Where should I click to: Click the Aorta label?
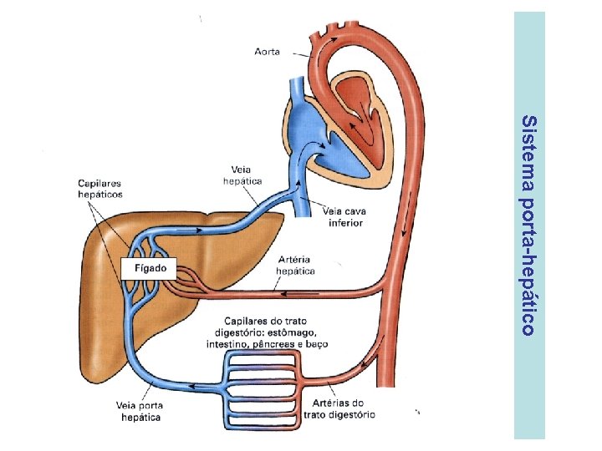coord(267,52)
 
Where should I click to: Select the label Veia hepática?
coord(242,175)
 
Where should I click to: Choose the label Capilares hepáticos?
coord(100,189)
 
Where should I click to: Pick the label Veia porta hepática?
coord(140,411)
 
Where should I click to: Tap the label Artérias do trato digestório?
coord(339,408)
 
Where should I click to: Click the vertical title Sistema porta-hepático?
coord(528,225)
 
